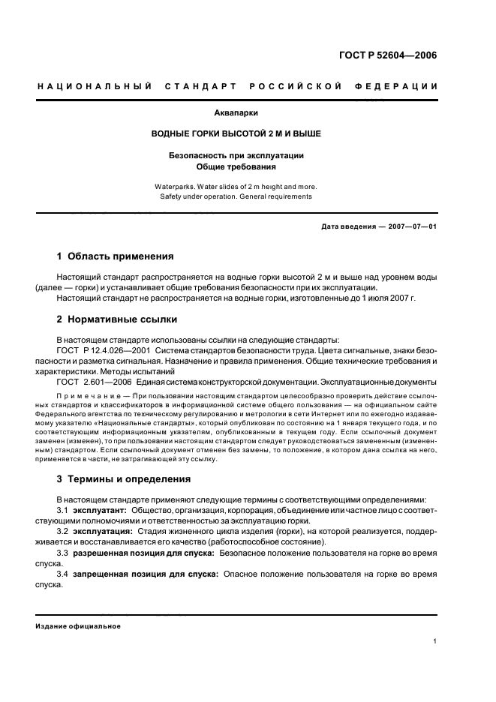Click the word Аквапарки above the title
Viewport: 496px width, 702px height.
(x=236, y=115)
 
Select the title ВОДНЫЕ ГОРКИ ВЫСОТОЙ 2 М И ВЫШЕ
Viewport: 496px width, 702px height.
(x=236, y=133)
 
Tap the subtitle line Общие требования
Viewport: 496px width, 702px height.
(x=236, y=166)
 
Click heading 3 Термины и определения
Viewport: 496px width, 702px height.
(x=124, y=478)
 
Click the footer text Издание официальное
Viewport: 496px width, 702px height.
(x=78, y=626)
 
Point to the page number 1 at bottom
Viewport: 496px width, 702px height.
(x=435, y=641)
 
